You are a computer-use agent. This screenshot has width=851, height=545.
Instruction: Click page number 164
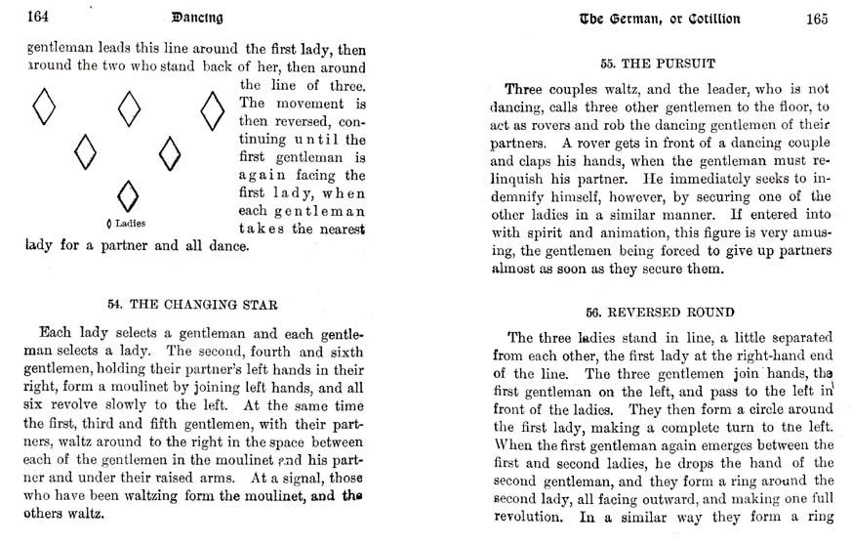pos(39,18)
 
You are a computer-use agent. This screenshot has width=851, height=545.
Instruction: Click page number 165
pos(817,19)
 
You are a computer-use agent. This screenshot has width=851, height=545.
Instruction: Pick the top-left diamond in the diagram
pos(44,106)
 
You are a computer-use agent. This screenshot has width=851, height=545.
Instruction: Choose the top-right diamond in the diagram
pos(212,109)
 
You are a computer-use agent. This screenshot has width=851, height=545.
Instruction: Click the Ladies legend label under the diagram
pos(127,224)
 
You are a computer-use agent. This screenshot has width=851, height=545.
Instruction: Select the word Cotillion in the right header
pos(705,19)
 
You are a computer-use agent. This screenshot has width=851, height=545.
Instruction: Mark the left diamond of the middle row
pos(86,151)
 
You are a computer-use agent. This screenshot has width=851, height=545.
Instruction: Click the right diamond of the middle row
pos(170,152)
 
